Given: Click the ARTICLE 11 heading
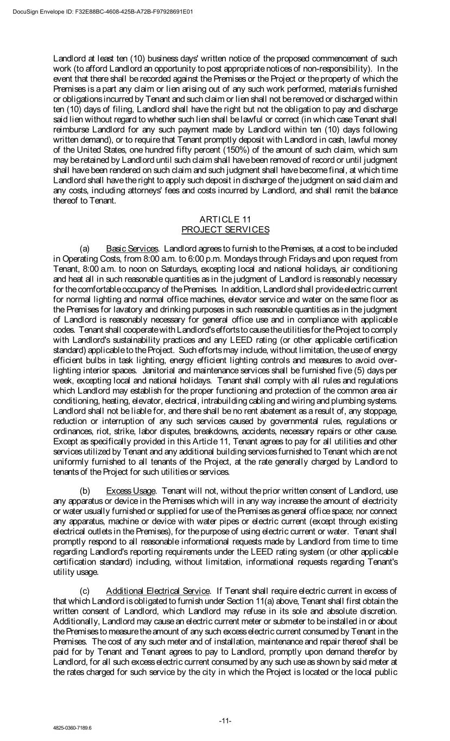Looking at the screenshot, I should [x=225, y=219].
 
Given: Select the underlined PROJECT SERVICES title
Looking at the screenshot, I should [x=225, y=230].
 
